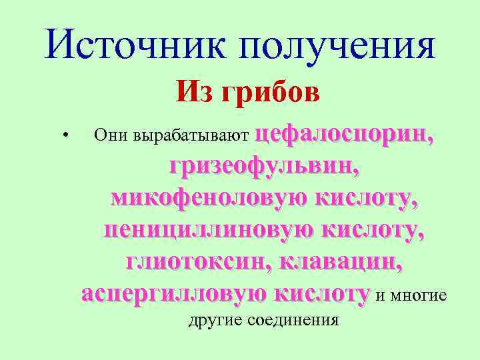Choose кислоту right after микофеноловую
pyautogui.click(x=366, y=198)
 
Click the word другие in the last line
pyautogui.click(x=215, y=320)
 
